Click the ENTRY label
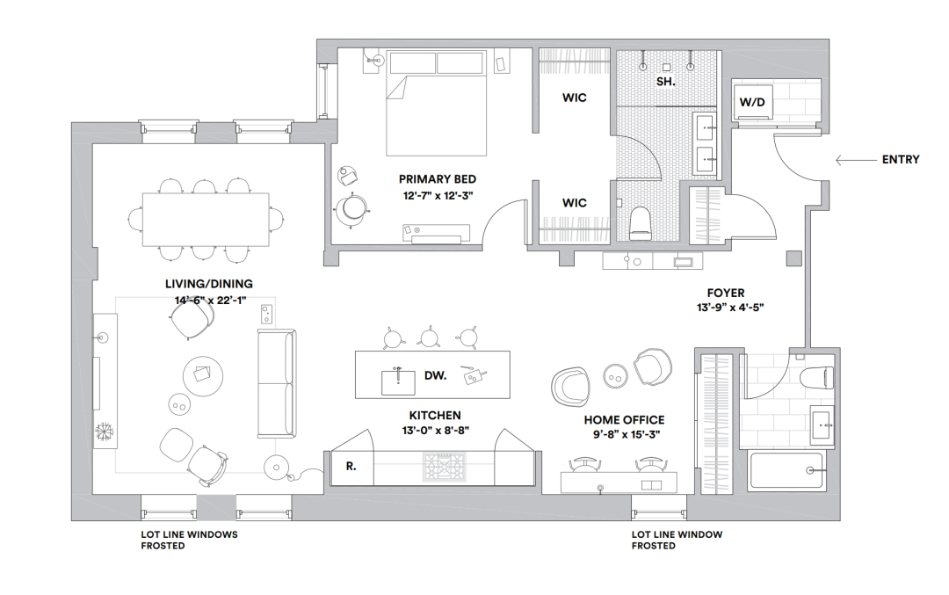point(901,160)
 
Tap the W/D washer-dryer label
point(751,102)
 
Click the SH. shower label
point(666,82)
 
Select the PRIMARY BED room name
point(437,179)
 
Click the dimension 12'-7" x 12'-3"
point(438,195)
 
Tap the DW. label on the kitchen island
point(435,375)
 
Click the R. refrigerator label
point(351,467)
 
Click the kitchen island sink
point(398,382)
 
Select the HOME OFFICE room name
point(624,420)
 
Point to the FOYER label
point(726,293)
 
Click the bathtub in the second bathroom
point(786,470)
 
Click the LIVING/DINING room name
point(209,284)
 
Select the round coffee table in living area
point(203,376)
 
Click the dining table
point(206,219)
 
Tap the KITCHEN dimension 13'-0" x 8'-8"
point(436,431)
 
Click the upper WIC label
point(575,98)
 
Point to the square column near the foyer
point(794,258)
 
